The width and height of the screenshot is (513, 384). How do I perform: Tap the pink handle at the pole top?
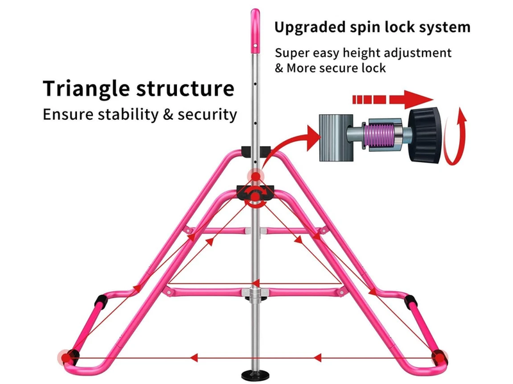tap(255, 28)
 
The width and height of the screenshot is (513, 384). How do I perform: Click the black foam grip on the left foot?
tap(101, 301)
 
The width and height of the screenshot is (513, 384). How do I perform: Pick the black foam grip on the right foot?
tap(410, 301)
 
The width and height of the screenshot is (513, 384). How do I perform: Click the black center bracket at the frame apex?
tap(255, 192)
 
